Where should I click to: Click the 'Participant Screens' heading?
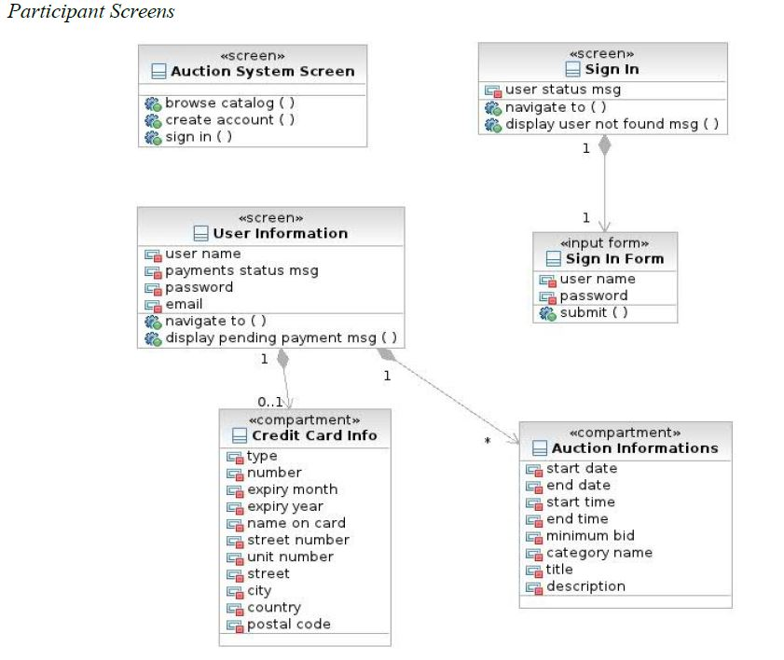(90, 12)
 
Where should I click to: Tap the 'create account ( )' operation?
(229, 119)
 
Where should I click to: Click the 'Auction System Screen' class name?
(262, 71)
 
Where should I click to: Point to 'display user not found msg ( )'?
(612, 124)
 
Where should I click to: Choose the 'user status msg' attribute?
(562, 90)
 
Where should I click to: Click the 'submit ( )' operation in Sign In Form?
(593, 312)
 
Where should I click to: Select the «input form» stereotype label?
(603, 243)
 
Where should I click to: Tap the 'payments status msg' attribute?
(241, 270)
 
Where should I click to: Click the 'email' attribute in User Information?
(184, 304)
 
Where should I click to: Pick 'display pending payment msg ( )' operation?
(281, 337)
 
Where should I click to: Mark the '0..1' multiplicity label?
(269, 402)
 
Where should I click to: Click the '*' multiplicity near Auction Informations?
(487, 441)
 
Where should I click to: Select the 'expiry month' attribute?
(292, 489)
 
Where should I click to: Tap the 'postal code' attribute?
(288, 624)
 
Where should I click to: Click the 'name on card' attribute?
(296, 523)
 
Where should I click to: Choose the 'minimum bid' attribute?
(590, 535)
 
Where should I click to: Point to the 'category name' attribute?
(598, 552)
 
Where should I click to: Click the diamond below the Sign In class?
(605, 145)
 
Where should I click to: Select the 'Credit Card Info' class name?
(314, 435)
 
